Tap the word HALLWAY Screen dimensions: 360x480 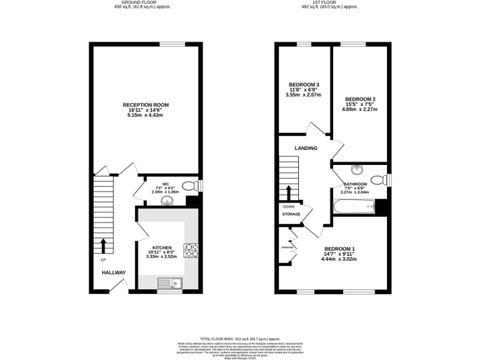tap(114, 272)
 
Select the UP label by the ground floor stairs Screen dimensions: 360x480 tap(103, 259)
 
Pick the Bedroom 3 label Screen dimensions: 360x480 tap(304, 85)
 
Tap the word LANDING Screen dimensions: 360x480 tap(306, 148)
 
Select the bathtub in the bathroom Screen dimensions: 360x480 tap(354, 207)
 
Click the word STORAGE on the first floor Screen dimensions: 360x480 tap(291, 214)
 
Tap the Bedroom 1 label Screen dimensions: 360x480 tap(339, 249)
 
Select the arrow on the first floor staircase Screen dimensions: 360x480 tap(289, 192)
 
